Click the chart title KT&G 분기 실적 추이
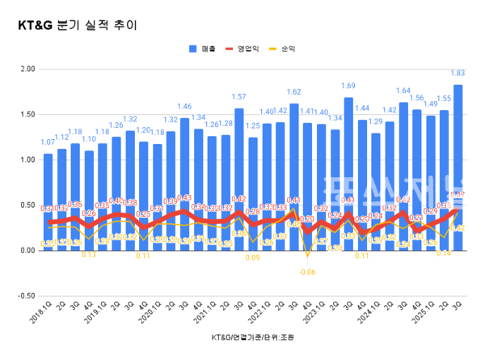(78, 25)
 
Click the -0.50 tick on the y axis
(23, 296)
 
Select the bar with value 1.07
(48, 202)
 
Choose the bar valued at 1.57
(239, 180)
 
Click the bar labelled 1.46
(184, 184)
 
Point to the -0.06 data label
(307, 273)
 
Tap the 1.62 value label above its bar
(293, 92)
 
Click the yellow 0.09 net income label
(252, 258)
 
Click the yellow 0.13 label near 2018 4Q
(89, 255)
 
